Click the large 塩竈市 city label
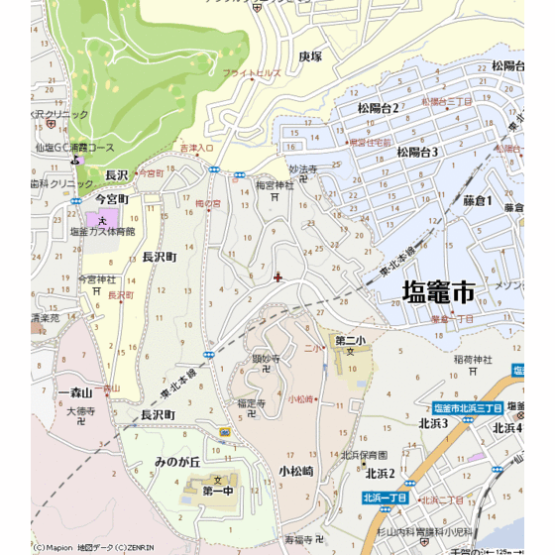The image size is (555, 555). [438, 291]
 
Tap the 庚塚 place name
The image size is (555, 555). [310, 56]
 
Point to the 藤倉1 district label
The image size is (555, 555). [477, 200]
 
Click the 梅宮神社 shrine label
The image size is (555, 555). [275, 184]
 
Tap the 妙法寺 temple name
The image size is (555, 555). [302, 169]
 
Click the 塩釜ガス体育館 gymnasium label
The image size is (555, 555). [102, 231]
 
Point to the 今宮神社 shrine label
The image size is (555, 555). [97, 279]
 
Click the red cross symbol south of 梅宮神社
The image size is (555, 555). [277, 277]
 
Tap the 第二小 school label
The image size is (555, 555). [350, 341]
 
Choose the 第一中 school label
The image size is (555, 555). [217, 491]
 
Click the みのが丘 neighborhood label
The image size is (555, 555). [177, 462]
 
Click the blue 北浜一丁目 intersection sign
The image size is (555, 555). [386, 498]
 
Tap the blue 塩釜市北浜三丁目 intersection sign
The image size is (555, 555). [469, 408]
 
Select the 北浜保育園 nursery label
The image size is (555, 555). [363, 455]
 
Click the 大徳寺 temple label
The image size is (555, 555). [81, 410]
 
